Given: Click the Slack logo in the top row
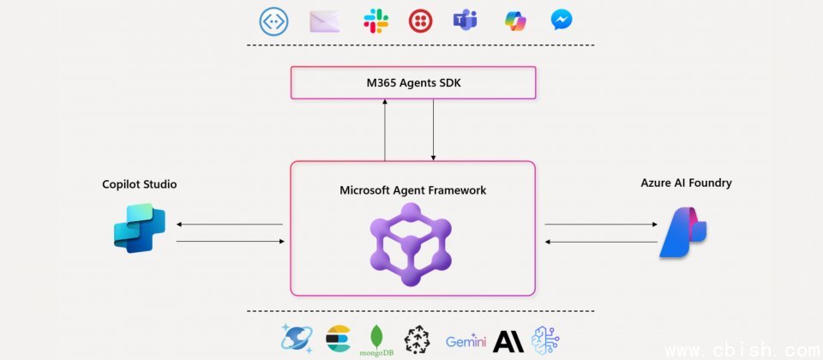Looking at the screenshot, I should coord(375,21).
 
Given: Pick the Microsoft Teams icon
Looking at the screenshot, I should coord(466,21).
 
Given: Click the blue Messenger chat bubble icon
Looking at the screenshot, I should coord(562,21).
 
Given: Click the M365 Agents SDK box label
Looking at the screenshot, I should coord(413,82).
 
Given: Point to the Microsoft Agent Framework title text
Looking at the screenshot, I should coord(413,190).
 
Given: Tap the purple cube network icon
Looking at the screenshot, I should coord(410,243).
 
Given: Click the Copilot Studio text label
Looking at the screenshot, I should coord(139,184).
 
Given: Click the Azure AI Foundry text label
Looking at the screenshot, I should coord(686,183).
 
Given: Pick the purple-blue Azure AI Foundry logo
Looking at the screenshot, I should coord(683,232).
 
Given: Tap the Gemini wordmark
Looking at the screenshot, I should coord(466,342).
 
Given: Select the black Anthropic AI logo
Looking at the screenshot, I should coord(508,341).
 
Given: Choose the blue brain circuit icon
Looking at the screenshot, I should coord(546,340).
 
